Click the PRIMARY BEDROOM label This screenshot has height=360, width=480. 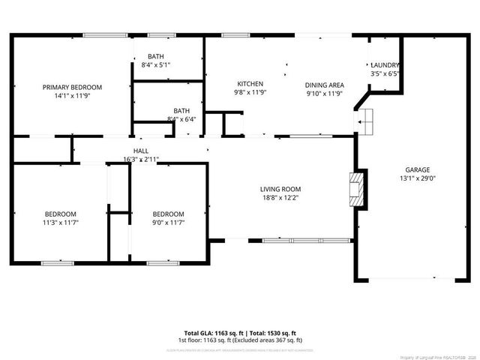coord(72,87)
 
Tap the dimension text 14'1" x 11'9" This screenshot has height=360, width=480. coord(72,96)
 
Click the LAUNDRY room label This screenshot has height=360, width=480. coord(385,65)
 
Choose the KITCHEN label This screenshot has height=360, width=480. coord(250,83)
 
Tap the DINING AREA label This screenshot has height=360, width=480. coord(324,85)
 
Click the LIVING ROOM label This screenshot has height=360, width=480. coord(280,189)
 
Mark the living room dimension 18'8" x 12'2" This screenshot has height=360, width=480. coord(280,198)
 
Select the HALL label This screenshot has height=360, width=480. coord(141,151)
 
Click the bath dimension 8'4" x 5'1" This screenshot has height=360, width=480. coord(156,65)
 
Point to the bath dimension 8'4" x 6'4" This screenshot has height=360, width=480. coord(181,119)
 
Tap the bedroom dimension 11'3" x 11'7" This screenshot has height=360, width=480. coord(60,223)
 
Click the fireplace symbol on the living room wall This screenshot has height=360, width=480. coord(360,190)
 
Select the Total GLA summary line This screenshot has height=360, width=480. coord(240,333)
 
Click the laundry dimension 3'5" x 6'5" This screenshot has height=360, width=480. coord(385,74)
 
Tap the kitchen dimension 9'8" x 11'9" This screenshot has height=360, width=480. coord(250,93)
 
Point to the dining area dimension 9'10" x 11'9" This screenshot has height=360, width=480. coord(324,94)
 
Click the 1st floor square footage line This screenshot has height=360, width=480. coord(240,340)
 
